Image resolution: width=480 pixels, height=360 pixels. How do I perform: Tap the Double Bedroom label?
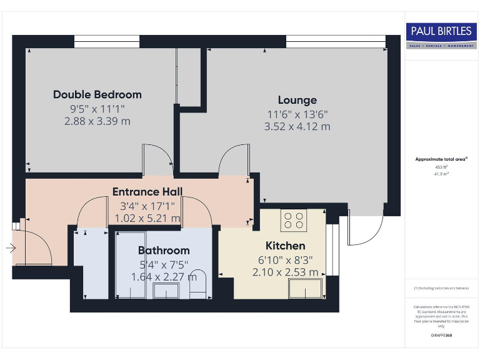97,94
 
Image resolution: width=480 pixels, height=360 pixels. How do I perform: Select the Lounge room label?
297,100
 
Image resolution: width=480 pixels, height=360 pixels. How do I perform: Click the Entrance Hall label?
147,191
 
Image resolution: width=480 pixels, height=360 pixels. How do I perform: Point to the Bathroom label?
164,251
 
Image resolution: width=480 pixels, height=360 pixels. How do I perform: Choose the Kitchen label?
286,246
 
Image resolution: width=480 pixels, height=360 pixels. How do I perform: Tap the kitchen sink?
305,289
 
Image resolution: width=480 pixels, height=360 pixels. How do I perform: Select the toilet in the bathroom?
197,286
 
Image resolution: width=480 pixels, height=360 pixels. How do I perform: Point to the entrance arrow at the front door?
11,249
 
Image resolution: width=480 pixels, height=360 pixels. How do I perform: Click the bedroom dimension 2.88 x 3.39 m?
97,121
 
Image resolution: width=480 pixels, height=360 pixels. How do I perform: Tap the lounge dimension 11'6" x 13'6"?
297,114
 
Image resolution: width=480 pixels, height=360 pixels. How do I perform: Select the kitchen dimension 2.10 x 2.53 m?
286,272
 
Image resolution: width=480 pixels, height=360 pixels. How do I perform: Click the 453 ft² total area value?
441,167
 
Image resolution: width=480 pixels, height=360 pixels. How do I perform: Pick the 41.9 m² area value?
441,174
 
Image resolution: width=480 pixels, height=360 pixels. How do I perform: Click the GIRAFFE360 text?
441,336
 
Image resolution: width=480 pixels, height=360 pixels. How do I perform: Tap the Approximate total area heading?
441,159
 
